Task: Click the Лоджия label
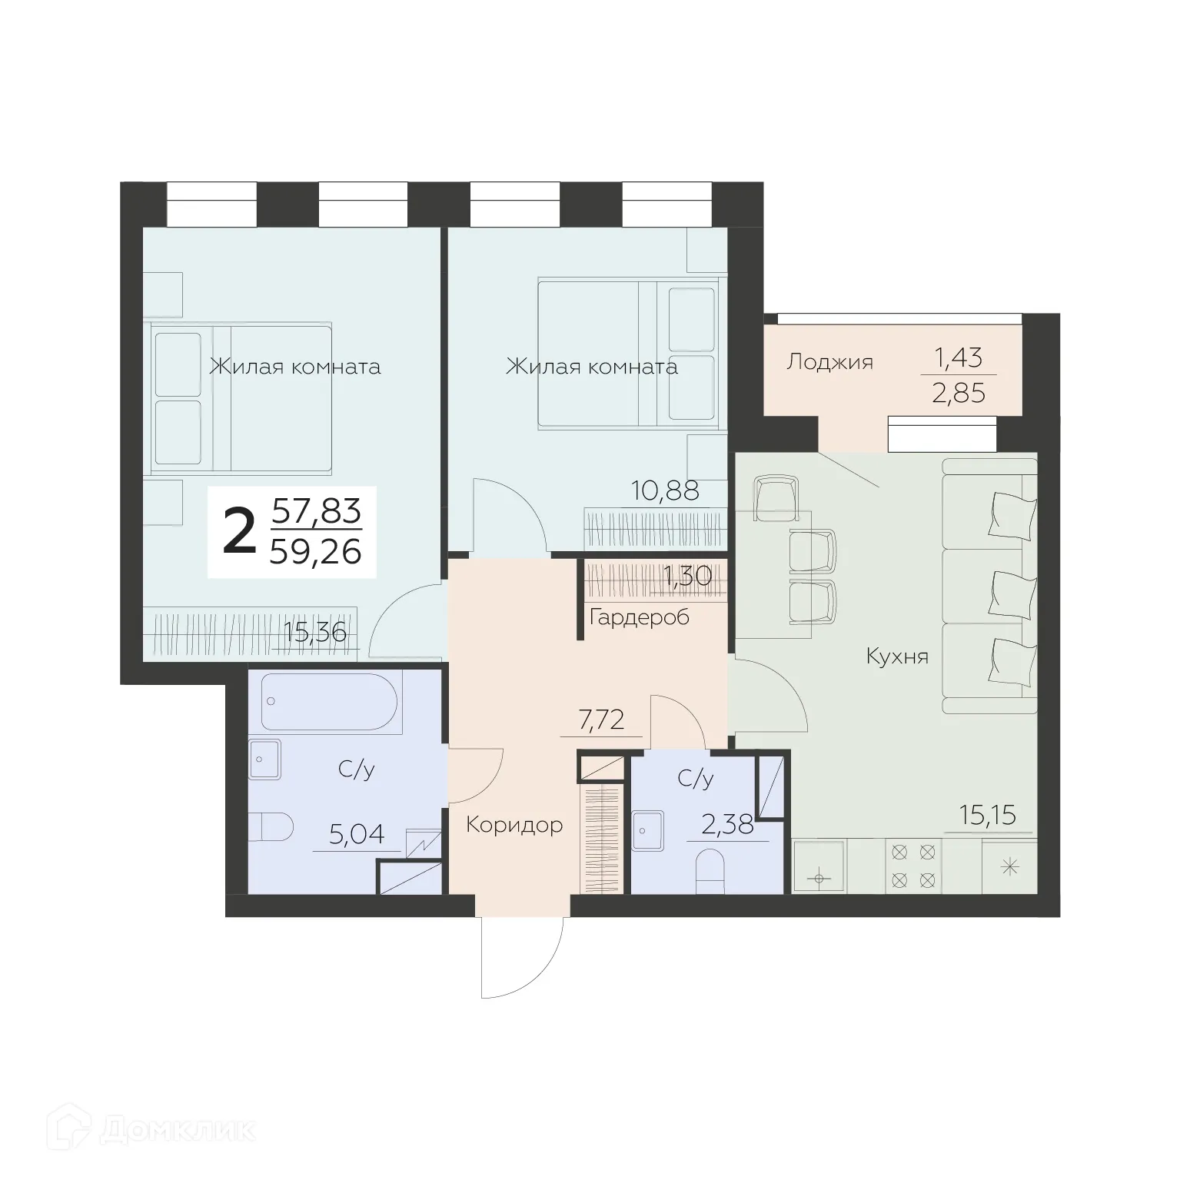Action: [829, 361]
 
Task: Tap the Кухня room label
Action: [897, 656]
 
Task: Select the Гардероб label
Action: [639, 617]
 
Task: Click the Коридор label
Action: [514, 825]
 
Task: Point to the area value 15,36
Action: [315, 632]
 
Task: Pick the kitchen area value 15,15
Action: [989, 815]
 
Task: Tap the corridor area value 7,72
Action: [600, 720]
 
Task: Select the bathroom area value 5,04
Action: [356, 834]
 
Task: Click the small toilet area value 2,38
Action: [727, 826]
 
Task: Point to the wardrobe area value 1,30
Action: [686, 576]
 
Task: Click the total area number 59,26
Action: [316, 550]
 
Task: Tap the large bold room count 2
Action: [239, 532]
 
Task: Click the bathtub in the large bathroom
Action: [329, 703]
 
